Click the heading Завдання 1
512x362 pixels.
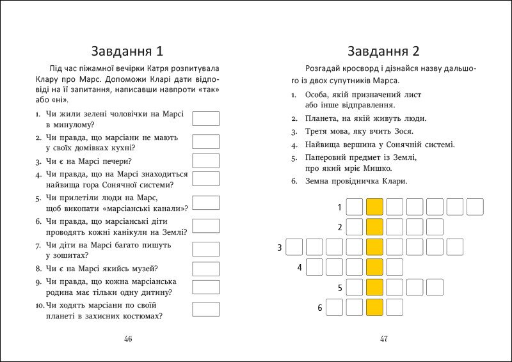coord(128,51)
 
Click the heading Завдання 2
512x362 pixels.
coord(383,51)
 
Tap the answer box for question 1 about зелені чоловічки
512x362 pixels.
coord(205,119)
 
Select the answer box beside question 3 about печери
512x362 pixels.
coord(205,161)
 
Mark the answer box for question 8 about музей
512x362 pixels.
coord(205,268)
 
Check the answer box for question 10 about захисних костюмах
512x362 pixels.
coord(205,310)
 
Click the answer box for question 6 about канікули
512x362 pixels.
coord(205,226)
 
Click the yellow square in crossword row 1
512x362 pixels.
coord(374,207)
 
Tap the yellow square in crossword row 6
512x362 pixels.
coord(374,308)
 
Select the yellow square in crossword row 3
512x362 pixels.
coord(374,247)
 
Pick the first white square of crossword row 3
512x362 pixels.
coord(294,247)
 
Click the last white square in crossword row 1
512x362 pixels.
coord(475,207)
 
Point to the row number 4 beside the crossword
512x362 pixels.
coord(299,268)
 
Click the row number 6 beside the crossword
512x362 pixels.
coord(319,308)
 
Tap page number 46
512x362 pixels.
coord(128,339)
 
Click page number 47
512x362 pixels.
coord(384,339)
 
